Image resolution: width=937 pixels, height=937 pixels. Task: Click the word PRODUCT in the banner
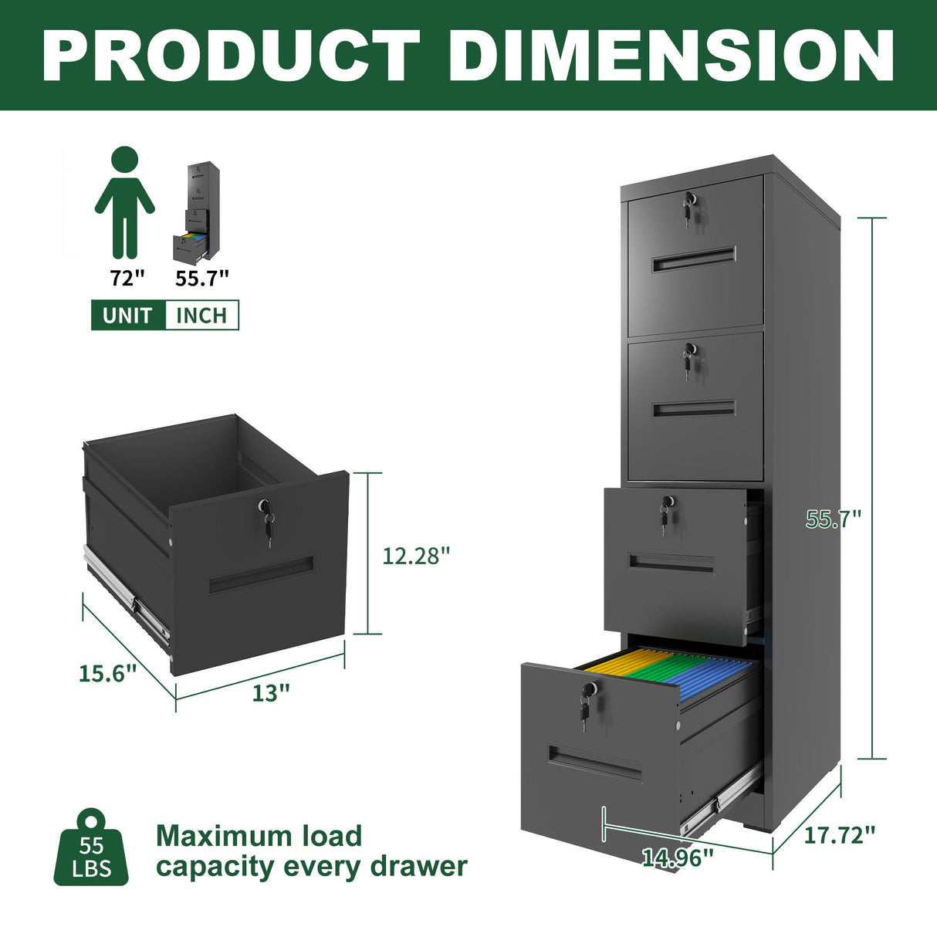pyautogui.click(x=232, y=55)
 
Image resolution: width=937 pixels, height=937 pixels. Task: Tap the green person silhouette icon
pyautogui.click(x=125, y=202)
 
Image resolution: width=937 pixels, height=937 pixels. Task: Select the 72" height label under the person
pyautogui.click(x=127, y=278)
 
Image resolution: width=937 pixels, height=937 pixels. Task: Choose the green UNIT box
pyautogui.click(x=128, y=315)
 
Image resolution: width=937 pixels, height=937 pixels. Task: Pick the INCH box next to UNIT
pyautogui.click(x=201, y=315)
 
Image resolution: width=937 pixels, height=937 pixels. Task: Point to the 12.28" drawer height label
pyautogui.click(x=416, y=555)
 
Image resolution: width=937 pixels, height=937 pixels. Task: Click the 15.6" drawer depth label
pyautogui.click(x=107, y=672)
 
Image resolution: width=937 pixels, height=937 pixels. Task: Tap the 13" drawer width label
pyautogui.click(x=271, y=693)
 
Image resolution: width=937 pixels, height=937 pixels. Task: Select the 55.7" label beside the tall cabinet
pyautogui.click(x=833, y=519)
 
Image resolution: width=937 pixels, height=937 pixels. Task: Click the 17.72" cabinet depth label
pyautogui.click(x=840, y=834)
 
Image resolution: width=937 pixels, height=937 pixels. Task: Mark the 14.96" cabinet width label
pyautogui.click(x=678, y=857)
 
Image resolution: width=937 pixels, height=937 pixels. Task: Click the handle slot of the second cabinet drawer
pyautogui.click(x=694, y=408)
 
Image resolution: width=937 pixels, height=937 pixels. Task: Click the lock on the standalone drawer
pyautogui.click(x=266, y=507)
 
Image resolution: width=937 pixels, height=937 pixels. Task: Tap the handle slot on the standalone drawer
pyautogui.click(x=261, y=575)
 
